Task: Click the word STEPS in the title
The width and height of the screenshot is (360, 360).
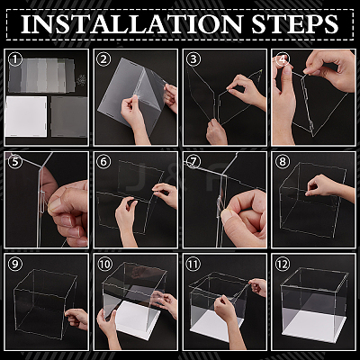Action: pos(295,24)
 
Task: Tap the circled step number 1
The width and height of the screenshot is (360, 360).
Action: pos(15,59)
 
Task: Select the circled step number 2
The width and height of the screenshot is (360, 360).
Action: pos(103,59)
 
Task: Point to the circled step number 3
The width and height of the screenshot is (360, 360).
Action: pos(193,59)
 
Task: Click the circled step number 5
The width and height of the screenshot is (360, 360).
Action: pos(15,162)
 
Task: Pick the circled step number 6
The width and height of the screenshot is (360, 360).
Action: pos(103,162)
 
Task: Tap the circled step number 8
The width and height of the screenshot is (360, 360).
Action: pos(283,162)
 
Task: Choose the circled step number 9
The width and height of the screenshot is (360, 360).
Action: pos(15,264)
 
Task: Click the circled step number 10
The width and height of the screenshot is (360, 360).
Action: pos(104,264)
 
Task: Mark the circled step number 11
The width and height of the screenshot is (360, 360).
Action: pos(193,264)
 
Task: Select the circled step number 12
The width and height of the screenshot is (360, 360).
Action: pos(283,264)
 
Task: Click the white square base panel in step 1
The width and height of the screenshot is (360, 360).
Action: pos(26,116)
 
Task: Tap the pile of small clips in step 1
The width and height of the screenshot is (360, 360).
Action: pos(81,79)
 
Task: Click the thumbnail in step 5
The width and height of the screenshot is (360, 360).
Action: pos(55,203)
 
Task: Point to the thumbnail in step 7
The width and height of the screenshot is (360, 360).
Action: pos(227,216)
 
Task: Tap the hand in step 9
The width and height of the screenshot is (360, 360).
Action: pos(77,319)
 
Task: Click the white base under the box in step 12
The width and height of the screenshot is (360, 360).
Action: pos(315,327)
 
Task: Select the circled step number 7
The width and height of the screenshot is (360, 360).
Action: pos(193,162)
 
